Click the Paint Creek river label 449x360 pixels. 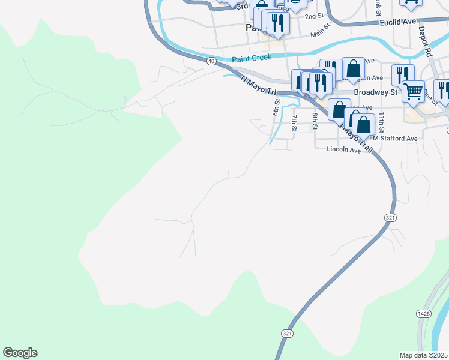pos(252,58)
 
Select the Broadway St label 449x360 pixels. pos(376,92)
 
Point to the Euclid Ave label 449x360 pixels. pos(398,22)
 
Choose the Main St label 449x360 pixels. pos(321,31)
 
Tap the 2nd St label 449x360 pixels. pos(313,16)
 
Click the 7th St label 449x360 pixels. pos(294,121)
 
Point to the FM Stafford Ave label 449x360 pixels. pos(393,138)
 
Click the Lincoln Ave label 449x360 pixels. pos(343,150)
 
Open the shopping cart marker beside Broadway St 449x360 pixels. pos(413,91)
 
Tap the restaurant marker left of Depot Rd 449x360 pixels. pos(403,74)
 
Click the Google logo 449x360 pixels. pos(20,353)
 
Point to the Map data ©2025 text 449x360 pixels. pos(424,355)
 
